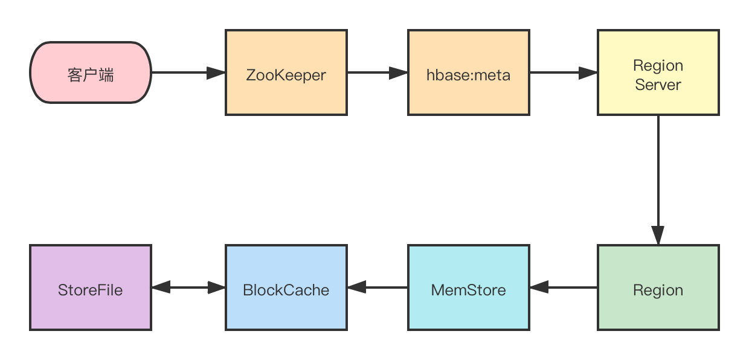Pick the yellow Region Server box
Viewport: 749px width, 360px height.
658,72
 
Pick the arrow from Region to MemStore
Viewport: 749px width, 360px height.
565,288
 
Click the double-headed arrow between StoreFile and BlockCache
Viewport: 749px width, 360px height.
188,288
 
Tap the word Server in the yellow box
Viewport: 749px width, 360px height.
658,85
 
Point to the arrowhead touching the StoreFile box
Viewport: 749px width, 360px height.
161,288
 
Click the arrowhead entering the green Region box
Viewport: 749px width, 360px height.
658,236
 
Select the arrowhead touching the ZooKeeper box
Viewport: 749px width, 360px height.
216,73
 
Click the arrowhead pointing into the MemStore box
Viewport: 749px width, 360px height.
539,288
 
